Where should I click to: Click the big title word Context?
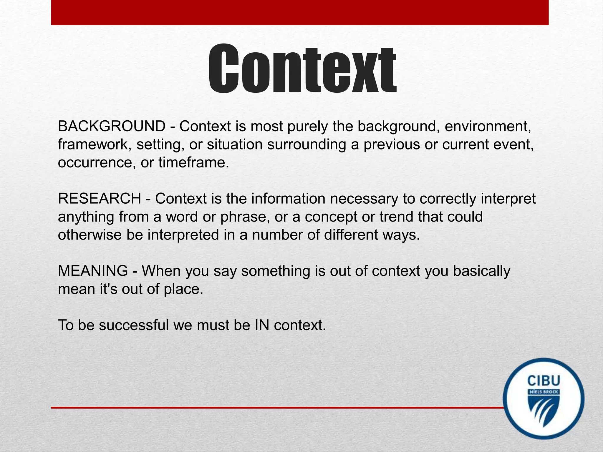click(302, 69)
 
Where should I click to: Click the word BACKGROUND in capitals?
click(112, 126)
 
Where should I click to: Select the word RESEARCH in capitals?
click(100, 199)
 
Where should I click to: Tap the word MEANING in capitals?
click(93, 271)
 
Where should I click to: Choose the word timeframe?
click(193, 162)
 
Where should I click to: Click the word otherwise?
click(90, 235)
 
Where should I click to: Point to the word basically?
click(481, 271)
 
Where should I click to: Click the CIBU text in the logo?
click(544, 381)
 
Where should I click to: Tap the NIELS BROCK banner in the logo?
click(544, 392)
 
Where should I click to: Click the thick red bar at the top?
click(300, 12)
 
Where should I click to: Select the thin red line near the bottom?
click(277, 408)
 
